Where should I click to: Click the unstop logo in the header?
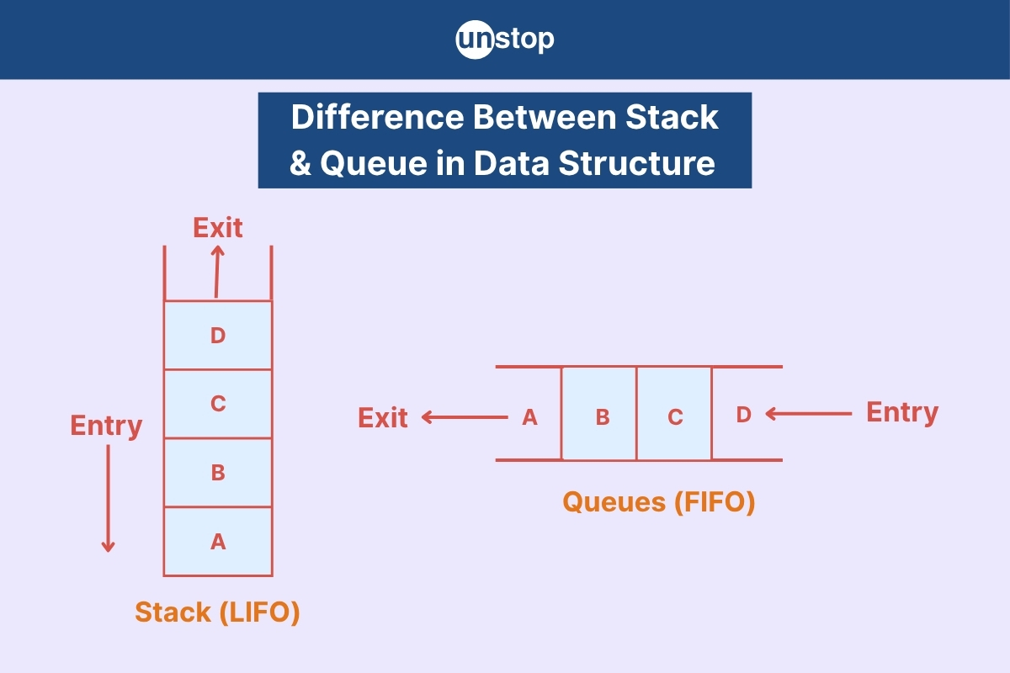pyautogui.click(x=505, y=40)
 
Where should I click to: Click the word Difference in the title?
pyautogui.click(x=377, y=117)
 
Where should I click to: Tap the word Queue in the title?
pyautogui.click(x=374, y=163)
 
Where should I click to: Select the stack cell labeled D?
pyautogui.click(x=218, y=336)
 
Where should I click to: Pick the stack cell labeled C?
pyautogui.click(x=218, y=404)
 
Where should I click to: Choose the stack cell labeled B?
pyautogui.click(x=218, y=473)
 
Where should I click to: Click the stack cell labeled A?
pyautogui.click(x=218, y=542)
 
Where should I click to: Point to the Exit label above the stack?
pyautogui.click(x=218, y=228)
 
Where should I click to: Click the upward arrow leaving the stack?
pyautogui.click(x=217, y=272)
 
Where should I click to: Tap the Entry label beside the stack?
pyautogui.click(x=106, y=426)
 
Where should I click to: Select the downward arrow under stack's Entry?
pyautogui.click(x=109, y=499)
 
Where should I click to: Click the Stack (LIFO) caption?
pyautogui.click(x=217, y=612)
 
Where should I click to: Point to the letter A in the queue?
pyautogui.click(x=529, y=417)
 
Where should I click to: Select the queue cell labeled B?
pyautogui.click(x=599, y=414)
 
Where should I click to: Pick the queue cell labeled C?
pyautogui.click(x=674, y=414)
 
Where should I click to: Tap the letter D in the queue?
pyautogui.click(x=744, y=415)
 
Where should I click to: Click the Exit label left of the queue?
pyautogui.click(x=383, y=418)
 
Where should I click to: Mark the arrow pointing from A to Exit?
pyautogui.click(x=465, y=417)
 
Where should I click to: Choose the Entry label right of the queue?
pyautogui.click(x=902, y=413)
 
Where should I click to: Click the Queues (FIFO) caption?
pyautogui.click(x=659, y=502)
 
